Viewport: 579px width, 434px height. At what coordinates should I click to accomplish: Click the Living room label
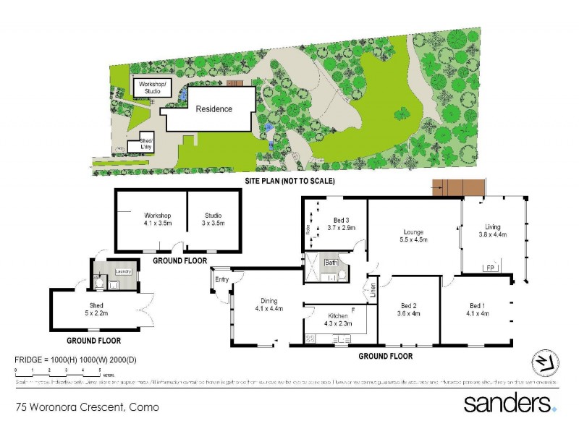(492, 230)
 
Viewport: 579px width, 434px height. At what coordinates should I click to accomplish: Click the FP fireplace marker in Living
(489, 268)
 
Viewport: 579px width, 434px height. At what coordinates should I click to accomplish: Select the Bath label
(331, 263)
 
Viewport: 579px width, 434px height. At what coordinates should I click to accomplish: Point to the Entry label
(221, 280)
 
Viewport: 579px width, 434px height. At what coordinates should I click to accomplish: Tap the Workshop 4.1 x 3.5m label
(157, 219)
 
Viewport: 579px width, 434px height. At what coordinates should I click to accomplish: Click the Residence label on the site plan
(214, 109)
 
